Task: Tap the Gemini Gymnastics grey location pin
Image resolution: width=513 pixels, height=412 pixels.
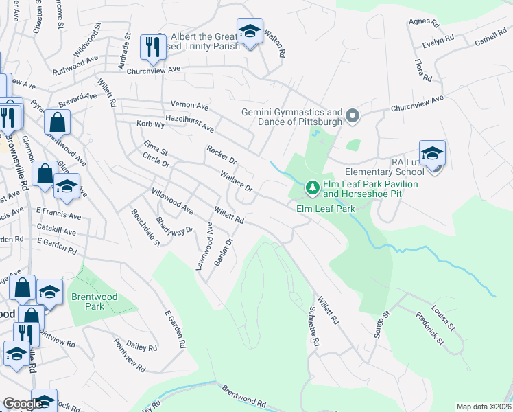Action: tap(353, 115)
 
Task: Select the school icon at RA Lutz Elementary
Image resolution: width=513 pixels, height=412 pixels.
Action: tap(432, 154)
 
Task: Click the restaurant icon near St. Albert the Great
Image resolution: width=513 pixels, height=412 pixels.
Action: tap(150, 47)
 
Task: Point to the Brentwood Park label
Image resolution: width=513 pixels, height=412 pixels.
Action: tap(88, 301)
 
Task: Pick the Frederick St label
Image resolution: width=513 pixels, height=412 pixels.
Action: tap(430, 328)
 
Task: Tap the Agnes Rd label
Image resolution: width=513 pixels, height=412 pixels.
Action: tap(418, 22)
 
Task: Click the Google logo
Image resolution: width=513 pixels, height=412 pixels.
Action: tap(23, 404)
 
